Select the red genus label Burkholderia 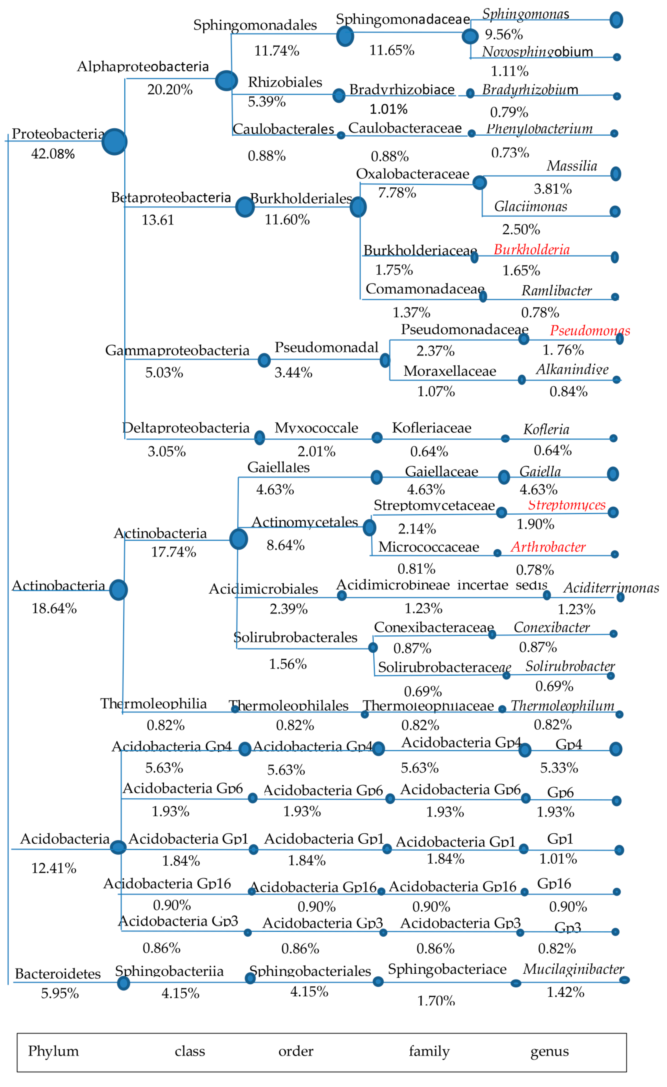click(532, 250)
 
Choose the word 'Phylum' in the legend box click(53, 1051)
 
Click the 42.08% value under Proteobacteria click(53, 154)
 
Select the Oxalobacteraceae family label click(413, 174)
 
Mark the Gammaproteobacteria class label click(177, 350)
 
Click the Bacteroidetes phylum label click(58, 974)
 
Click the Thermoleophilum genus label click(562, 706)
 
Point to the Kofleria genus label click(546, 429)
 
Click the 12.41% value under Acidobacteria click(54, 868)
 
